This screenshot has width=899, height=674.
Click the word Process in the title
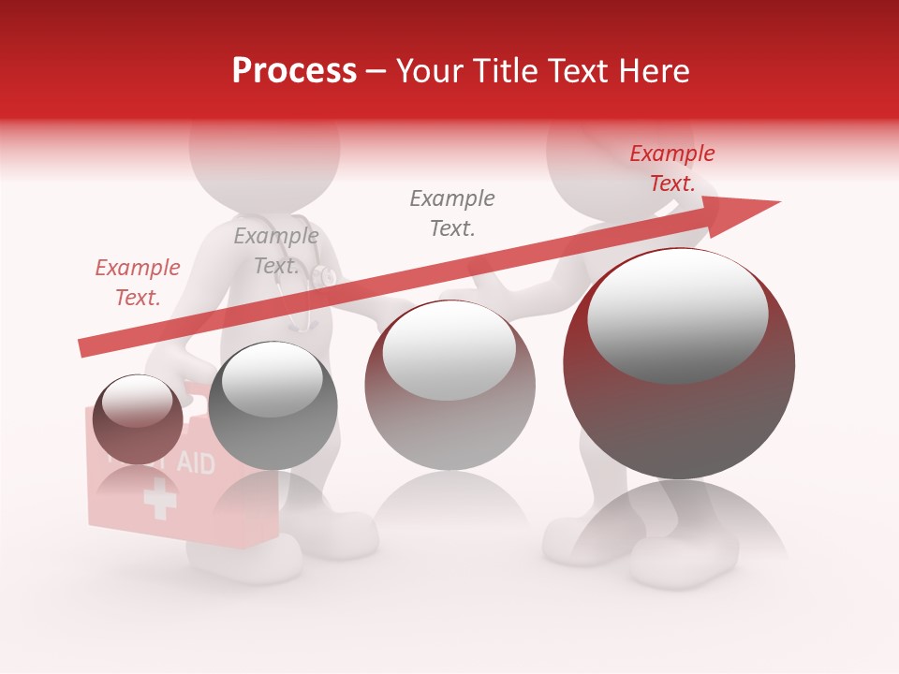coord(294,71)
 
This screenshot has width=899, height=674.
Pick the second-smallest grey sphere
coord(273,405)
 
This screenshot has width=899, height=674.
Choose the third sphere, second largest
coord(449,385)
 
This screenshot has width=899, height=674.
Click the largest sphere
coord(679,365)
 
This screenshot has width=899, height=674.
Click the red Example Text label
coord(671,168)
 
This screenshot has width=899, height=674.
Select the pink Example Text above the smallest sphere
coord(138,283)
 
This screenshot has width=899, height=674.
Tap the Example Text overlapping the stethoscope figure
coord(275,251)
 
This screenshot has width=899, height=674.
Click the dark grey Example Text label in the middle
coord(452,212)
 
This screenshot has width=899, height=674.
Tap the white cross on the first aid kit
coord(160,500)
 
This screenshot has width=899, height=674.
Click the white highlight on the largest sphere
coord(677,314)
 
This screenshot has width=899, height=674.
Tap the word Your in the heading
coord(430,71)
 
